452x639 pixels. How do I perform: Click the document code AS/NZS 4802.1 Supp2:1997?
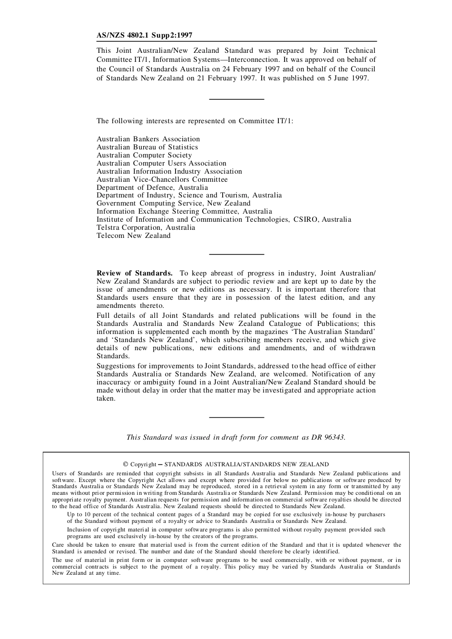point(144,35)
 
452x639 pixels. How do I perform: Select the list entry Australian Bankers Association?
point(148,139)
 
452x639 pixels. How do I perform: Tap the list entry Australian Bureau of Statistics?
point(147,147)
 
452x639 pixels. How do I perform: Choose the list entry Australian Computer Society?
point(144,155)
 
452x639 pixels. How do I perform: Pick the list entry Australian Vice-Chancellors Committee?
point(162,179)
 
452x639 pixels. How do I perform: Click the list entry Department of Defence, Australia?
point(152,187)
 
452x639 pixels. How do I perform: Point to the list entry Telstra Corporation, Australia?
point(146,227)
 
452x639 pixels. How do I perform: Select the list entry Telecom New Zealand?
point(133,236)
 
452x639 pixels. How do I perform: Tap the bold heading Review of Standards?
point(134,273)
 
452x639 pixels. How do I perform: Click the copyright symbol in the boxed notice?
point(126,464)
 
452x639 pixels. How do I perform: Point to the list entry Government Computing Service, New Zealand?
point(173,203)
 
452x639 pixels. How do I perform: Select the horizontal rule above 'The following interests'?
point(236,99)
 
